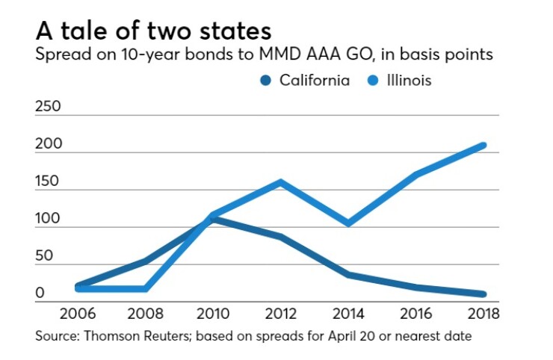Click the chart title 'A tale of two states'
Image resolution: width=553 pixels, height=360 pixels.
153,31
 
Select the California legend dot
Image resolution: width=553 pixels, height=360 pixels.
265,80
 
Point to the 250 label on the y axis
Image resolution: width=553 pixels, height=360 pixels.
49,107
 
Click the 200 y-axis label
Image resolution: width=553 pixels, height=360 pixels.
49,144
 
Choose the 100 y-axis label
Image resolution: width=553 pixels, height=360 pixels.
49,219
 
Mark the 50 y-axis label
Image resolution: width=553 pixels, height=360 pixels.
44,256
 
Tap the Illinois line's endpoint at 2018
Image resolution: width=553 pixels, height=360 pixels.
484,145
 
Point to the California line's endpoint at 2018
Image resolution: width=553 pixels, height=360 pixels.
484,294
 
